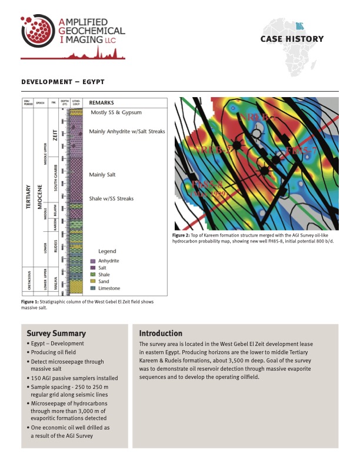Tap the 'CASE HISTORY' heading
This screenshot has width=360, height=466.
point(292,39)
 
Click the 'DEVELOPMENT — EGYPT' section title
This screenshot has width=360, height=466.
point(63,82)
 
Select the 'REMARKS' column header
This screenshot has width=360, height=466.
point(102,102)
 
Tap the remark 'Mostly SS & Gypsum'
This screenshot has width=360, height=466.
point(116,112)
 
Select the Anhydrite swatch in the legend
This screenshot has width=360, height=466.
point(93,261)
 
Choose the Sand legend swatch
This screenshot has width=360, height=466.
point(93,281)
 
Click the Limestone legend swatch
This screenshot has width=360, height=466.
point(93,288)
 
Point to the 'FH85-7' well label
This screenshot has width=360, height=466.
point(301,152)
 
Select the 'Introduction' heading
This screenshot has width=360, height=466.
point(161,334)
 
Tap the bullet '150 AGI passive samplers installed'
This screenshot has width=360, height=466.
point(72,378)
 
